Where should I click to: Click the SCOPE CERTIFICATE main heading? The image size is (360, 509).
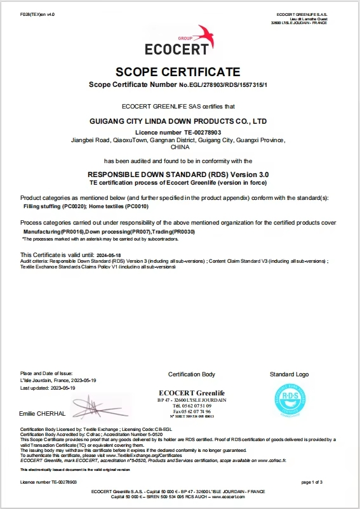[180, 72]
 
